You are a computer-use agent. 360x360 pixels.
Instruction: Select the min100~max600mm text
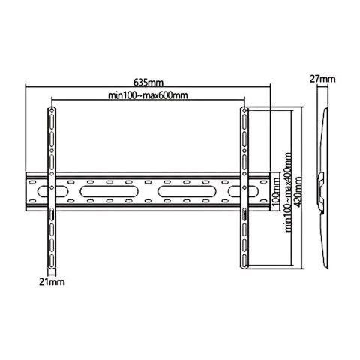(148, 95)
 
